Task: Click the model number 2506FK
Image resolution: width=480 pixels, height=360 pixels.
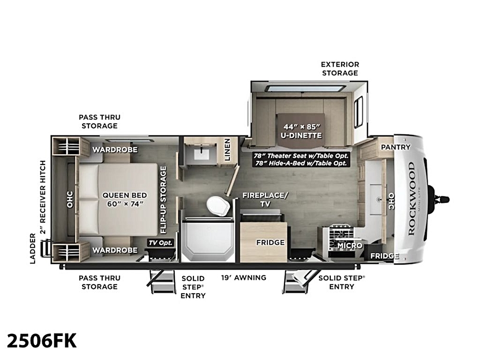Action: (42, 341)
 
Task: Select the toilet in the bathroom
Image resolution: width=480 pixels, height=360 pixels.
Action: (218, 206)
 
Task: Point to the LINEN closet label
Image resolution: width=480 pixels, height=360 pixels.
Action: (227, 150)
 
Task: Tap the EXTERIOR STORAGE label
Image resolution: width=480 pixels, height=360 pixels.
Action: (340, 69)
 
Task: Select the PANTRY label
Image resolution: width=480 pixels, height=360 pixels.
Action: (396, 147)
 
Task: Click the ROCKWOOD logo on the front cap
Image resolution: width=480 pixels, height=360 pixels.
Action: (411, 198)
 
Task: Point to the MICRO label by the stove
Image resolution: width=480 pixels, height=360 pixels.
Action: (350, 245)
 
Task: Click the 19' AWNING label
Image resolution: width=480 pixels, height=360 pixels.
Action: (244, 277)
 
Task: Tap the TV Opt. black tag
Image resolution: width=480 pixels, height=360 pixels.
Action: (161, 243)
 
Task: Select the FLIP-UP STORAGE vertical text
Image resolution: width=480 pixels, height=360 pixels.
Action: (163, 200)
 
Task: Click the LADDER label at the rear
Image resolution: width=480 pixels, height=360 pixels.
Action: (33, 248)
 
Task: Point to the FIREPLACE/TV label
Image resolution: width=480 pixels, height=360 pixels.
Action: (265, 199)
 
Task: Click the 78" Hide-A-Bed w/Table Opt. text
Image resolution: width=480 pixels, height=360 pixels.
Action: (301, 163)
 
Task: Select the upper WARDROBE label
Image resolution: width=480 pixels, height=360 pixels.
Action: (115, 150)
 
